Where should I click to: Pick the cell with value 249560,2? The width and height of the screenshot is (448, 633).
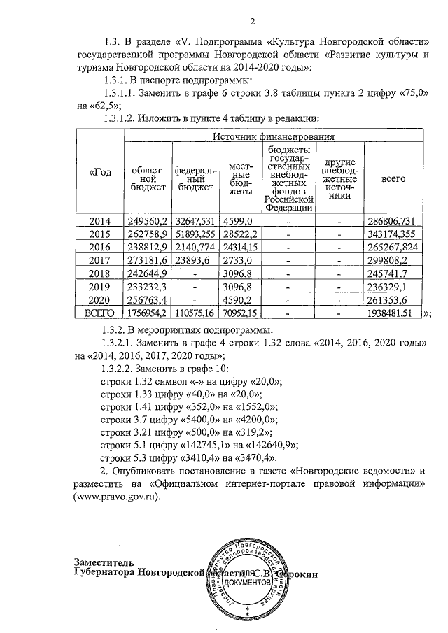146,221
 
